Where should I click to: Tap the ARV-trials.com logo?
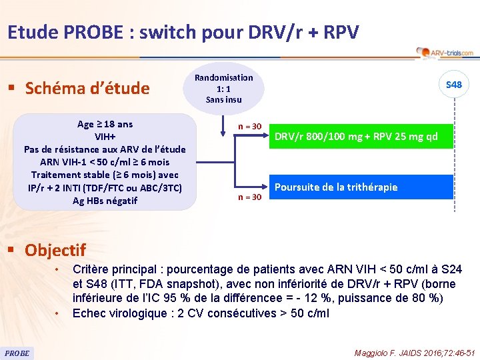[x=444, y=53]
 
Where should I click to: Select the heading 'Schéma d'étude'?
[x=87, y=88]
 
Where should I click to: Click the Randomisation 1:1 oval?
[x=223, y=88]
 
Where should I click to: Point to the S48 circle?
[x=453, y=85]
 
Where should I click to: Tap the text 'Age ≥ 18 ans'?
[x=105, y=124]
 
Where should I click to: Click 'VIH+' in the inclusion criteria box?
[x=105, y=137]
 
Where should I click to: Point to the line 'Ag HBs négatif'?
[x=105, y=200]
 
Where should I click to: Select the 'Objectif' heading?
[x=55, y=250]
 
